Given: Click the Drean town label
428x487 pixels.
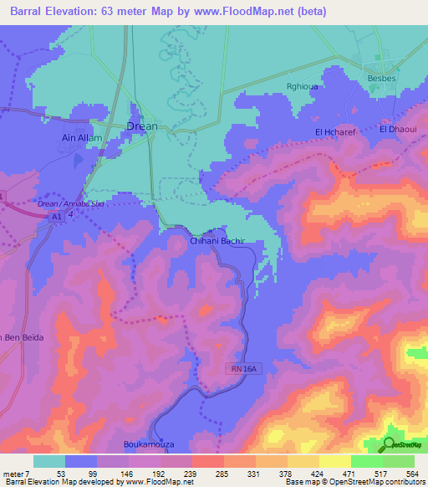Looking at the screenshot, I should [141, 126].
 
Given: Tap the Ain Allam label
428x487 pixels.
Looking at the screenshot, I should [82, 137].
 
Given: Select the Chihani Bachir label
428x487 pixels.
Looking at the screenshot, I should [216, 240].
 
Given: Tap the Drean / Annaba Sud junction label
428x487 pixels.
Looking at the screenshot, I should [67, 202].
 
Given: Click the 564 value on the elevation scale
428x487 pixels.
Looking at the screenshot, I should [412, 473].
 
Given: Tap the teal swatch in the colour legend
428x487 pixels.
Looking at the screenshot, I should [49, 461].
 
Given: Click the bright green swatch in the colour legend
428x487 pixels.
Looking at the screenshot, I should [366, 461].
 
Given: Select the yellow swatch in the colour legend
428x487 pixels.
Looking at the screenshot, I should [334, 461].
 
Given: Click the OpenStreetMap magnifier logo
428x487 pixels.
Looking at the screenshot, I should [390, 444].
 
